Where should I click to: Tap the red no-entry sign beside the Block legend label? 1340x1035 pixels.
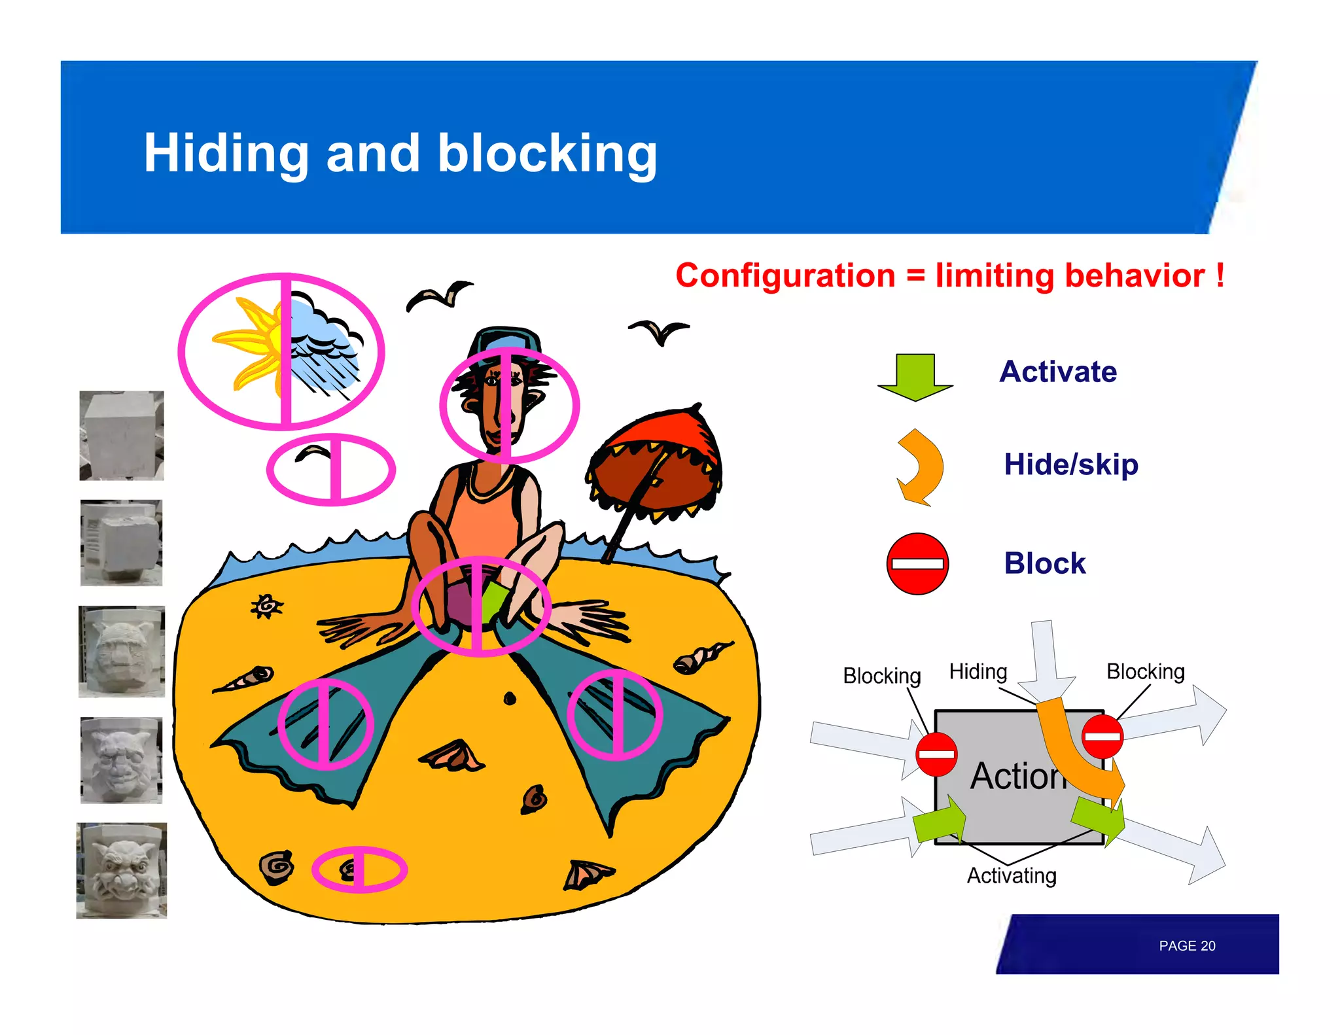[x=917, y=563]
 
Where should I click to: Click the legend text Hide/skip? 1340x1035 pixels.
[x=1070, y=465]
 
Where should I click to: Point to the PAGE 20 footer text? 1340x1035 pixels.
[x=1186, y=945]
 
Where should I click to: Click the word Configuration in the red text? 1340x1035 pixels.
[x=785, y=275]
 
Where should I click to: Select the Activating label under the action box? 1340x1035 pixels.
[x=1011, y=875]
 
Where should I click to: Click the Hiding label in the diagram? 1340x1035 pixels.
[x=978, y=671]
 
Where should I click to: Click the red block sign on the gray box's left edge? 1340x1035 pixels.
[x=936, y=754]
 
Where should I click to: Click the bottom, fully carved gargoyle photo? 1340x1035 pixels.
[x=122, y=870]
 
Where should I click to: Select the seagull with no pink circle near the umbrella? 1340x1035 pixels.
[x=658, y=330]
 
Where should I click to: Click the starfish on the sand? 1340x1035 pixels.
[x=266, y=606]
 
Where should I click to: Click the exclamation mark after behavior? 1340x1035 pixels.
[x=1220, y=275]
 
